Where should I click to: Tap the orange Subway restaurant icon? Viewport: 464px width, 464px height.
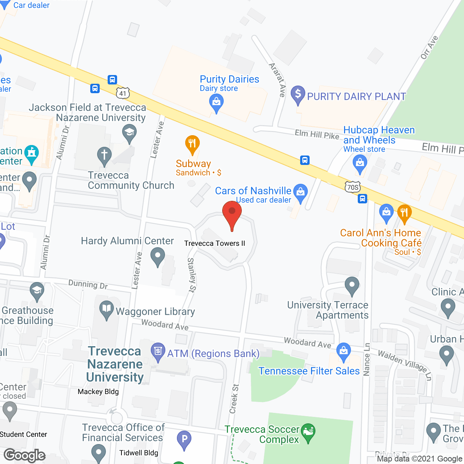[192, 144]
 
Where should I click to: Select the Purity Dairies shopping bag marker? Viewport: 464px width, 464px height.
[216, 102]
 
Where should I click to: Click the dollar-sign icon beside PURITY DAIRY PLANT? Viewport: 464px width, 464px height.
[298, 94]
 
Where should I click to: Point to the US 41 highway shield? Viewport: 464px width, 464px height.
[123, 93]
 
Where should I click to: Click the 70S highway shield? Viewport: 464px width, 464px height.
[353, 187]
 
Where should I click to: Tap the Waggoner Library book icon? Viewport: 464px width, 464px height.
[106, 310]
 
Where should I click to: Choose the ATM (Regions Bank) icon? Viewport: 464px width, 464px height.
[158, 352]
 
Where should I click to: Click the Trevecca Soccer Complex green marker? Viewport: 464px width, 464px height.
[308, 432]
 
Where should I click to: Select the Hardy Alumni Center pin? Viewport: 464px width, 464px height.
[158, 256]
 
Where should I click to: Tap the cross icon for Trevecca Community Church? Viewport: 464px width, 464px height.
[104, 156]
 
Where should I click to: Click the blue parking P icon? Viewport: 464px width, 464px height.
[184, 439]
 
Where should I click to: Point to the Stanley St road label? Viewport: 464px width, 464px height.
[191, 275]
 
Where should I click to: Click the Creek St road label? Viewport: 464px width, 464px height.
[234, 399]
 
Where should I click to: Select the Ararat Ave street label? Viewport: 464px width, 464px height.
[277, 80]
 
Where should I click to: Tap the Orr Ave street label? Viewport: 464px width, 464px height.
[430, 47]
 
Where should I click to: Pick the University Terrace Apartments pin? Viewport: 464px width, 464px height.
[352, 286]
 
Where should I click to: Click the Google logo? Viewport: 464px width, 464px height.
[25, 455]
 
